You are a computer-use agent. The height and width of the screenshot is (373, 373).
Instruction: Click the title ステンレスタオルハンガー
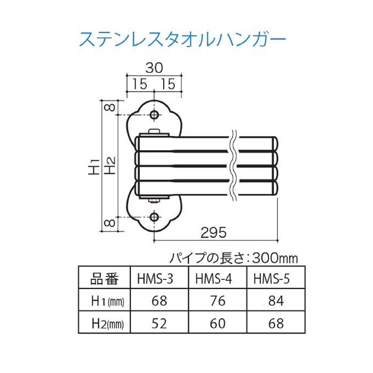(182, 40)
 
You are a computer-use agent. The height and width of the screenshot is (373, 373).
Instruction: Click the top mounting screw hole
(154, 115)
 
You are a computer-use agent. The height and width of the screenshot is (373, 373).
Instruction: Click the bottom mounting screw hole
(154, 217)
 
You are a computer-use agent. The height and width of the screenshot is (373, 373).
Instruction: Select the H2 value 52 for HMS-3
(159, 322)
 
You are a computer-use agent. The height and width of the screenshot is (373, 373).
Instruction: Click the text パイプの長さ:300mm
(233, 257)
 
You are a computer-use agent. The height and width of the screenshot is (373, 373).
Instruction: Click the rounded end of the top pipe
(276, 143)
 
